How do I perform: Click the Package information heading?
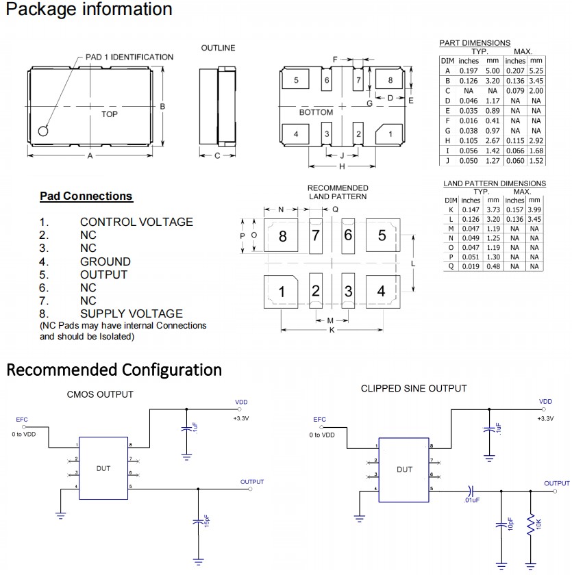(x=89, y=10)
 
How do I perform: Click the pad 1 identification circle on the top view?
(x=44, y=130)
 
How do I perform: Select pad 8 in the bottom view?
(x=390, y=80)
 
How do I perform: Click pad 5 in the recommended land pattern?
(x=382, y=235)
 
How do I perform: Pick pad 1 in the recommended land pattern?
(x=282, y=292)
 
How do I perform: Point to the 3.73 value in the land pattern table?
(x=493, y=209)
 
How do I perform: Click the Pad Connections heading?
(x=86, y=196)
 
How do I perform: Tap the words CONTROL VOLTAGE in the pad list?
(x=136, y=222)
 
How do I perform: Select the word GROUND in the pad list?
(x=105, y=261)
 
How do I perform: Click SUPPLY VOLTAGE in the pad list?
(x=132, y=314)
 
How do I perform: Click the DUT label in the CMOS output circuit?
(x=103, y=469)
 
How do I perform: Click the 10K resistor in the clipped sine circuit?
(x=530, y=526)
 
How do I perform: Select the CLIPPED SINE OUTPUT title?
(x=414, y=389)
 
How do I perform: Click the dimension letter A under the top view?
(x=90, y=156)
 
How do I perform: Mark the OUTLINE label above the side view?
(x=218, y=48)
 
